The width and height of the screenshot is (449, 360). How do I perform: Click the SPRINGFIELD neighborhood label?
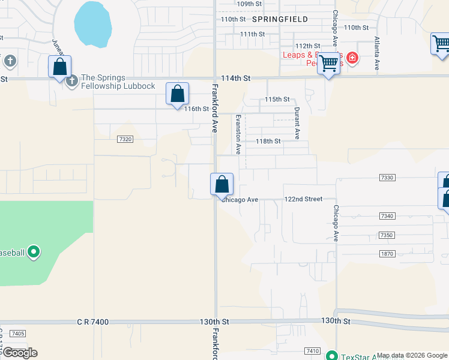tap(280, 19)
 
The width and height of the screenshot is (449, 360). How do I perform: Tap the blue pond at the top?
tap(92, 24)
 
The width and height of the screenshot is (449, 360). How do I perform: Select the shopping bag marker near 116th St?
tap(177, 94)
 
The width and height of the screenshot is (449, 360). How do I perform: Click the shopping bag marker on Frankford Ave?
tap(221, 185)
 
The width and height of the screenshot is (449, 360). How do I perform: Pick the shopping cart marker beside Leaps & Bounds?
tap(328, 62)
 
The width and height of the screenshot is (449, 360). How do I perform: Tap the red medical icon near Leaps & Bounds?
tap(352, 58)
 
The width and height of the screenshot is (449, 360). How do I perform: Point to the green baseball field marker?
tap(34, 252)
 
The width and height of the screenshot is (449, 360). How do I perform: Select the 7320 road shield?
tap(125, 139)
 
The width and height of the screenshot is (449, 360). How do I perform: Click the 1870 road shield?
tap(388, 254)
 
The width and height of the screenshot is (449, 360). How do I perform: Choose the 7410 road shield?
tap(312, 351)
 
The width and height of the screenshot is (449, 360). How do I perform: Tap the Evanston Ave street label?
tap(238, 134)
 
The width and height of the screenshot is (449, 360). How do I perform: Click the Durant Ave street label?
tap(297, 120)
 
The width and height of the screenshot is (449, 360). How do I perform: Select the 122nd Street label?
tap(303, 199)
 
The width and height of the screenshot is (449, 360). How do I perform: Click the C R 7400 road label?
tap(92, 322)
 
